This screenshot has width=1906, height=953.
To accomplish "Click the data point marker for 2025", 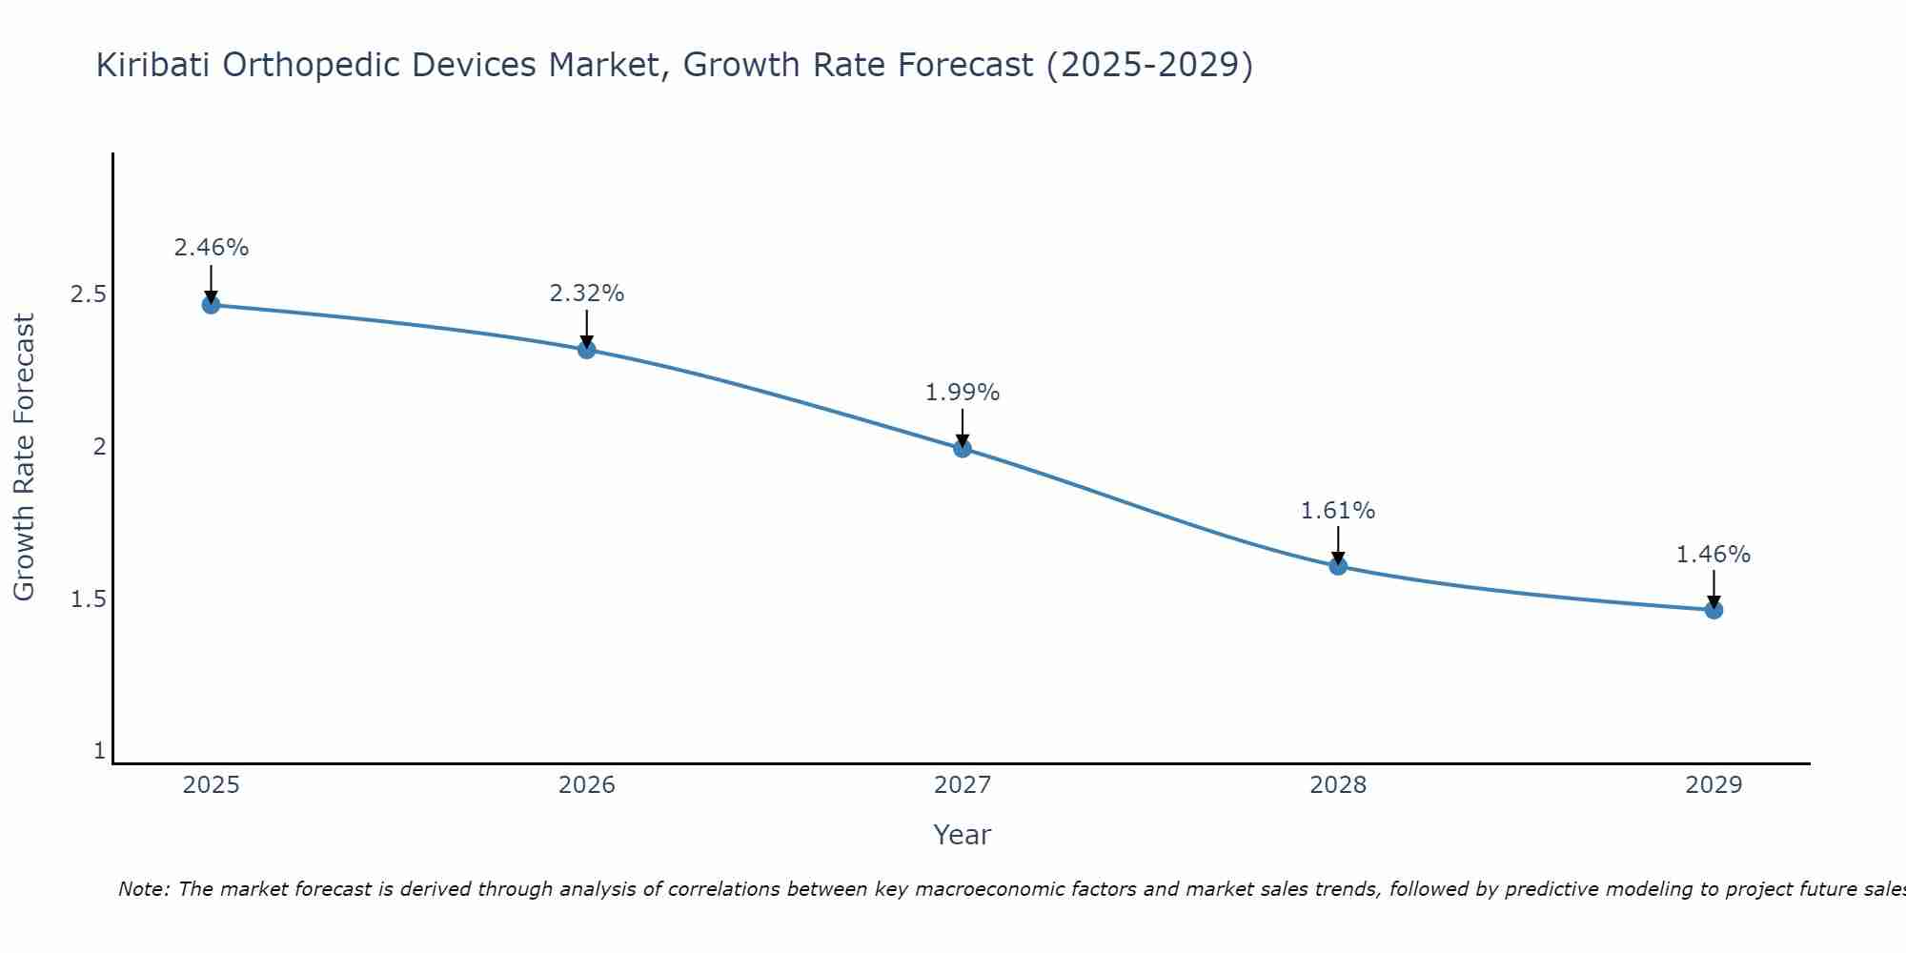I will pyautogui.click(x=211, y=305).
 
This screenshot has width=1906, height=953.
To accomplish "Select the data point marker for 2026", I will pyautogui.click(x=586, y=350).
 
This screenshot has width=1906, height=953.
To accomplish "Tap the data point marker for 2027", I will pyautogui.click(x=963, y=448).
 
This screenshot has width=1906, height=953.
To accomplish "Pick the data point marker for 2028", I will pyautogui.click(x=1338, y=566).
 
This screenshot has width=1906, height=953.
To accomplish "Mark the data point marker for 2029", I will pyautogui.click(x=1713, y=610).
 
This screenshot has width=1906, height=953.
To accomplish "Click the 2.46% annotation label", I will pyautogui.click(x=211, y=248).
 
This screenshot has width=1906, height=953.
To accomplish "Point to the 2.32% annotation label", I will pyautogui.click(x=586, y=294).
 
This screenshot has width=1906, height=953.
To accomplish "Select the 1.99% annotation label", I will pyautogui.click(x=963, y=393).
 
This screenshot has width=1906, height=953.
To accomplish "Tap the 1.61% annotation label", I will pyautogui.click(x=1338, y=511).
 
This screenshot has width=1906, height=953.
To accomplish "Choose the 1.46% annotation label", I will pyautogui.click(x=1713, y=555).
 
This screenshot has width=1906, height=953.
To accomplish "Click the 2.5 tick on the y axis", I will pyautogui.click(x=88, y=294).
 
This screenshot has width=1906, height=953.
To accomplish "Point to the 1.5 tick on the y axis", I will pyautogui.click(x=88, y=599).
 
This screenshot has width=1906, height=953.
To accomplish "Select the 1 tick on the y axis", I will pyautogui.click(x=99, y=751).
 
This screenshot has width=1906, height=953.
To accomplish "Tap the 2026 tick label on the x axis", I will pyautogui.click(x=586, y=785).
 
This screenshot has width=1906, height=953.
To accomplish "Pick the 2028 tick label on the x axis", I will pyautogui.click(x=1338, y=785).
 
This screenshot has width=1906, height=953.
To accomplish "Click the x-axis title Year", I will pyautogui.click(x=963, y=835).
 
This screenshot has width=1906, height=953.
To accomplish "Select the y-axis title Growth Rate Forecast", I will pyautogui.click(x=24, y=457).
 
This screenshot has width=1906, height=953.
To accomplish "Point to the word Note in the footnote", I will pyautogui.click(x=143, y=889).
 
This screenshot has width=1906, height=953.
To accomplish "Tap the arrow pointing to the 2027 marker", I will pyautogui.click(x=963, y=427).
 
